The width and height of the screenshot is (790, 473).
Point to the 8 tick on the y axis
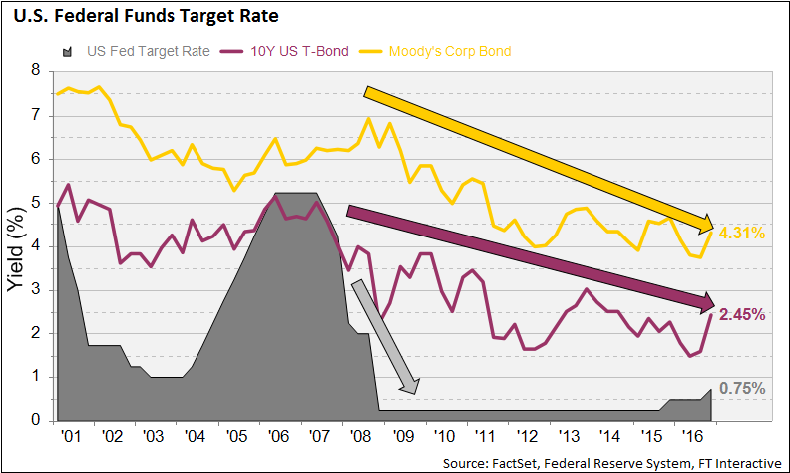[36, 71]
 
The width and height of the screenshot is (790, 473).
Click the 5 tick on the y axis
[36, 203]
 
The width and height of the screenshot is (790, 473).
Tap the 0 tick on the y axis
[36, 421]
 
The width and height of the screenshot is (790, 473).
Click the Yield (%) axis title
[17, 246]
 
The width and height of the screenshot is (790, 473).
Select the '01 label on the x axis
[70, 436]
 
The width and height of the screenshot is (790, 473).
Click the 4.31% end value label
[741, 234]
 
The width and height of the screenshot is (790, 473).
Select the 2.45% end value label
[741, 314]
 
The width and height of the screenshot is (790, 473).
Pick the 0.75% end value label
[741, 389]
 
